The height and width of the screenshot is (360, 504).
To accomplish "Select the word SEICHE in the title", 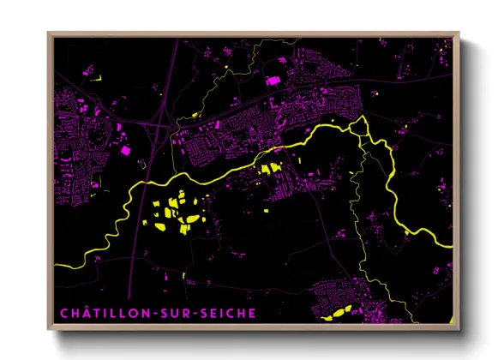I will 226,313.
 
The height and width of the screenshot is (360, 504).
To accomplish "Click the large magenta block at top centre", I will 274,81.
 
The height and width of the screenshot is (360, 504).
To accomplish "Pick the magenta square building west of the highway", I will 126,150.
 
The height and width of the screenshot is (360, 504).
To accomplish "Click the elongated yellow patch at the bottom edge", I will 336,314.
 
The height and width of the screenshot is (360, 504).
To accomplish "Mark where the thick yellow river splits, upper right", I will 364,124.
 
